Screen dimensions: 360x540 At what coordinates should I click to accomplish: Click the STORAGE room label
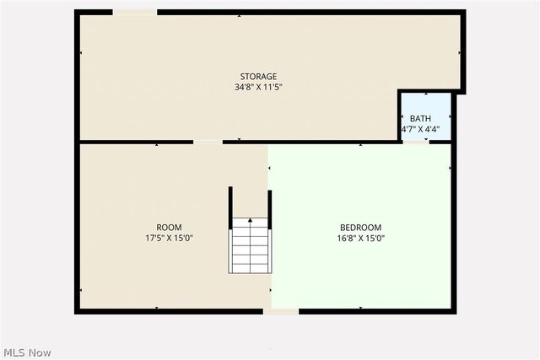(x=258, y=77)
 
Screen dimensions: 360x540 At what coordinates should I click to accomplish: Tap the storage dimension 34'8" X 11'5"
(x=258, y=87)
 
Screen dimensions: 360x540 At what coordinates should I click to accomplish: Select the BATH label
(x=420, y=119)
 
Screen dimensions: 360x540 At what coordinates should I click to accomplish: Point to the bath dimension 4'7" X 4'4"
(x=420, y=129)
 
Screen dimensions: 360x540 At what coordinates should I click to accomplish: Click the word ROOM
(x=169, y=228)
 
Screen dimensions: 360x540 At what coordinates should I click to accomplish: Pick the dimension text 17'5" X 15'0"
(x=169, y=238)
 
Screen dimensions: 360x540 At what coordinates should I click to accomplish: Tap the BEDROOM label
(x=360, y=228)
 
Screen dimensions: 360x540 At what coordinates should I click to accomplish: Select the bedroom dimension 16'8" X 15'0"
(x=360, y=238)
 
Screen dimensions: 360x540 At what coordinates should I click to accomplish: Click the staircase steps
(x=251, y=245)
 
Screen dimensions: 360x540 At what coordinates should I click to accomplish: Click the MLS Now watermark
(x=27, y=352)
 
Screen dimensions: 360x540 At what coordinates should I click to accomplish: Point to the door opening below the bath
(x=415, y=142)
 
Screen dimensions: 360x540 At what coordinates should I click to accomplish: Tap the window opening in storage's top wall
(x=135, y=12)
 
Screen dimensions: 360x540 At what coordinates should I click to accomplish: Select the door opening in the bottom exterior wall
(x=281, y=311)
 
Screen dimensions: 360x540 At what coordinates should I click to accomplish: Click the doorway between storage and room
(x=208, y=142)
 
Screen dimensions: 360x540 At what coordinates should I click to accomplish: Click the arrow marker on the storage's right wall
(x=459, y=52)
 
